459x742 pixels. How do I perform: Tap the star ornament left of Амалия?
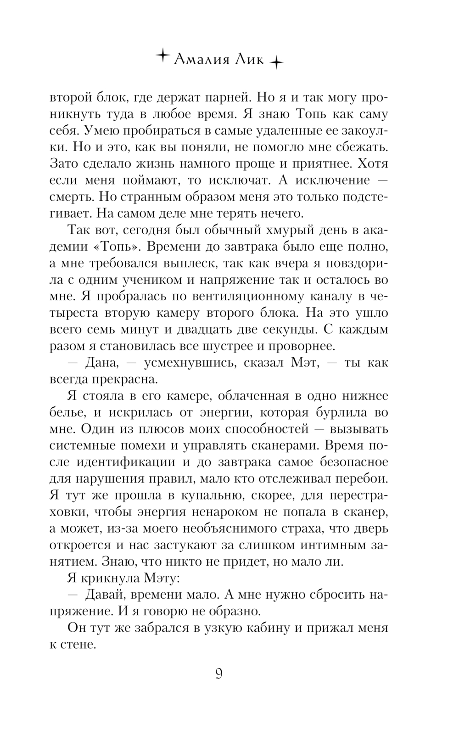pos(162,56)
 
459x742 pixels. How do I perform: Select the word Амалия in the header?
pos(202,60)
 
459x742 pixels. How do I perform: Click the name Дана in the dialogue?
pos(102,363)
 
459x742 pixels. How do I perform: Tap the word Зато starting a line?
pos(64,163)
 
